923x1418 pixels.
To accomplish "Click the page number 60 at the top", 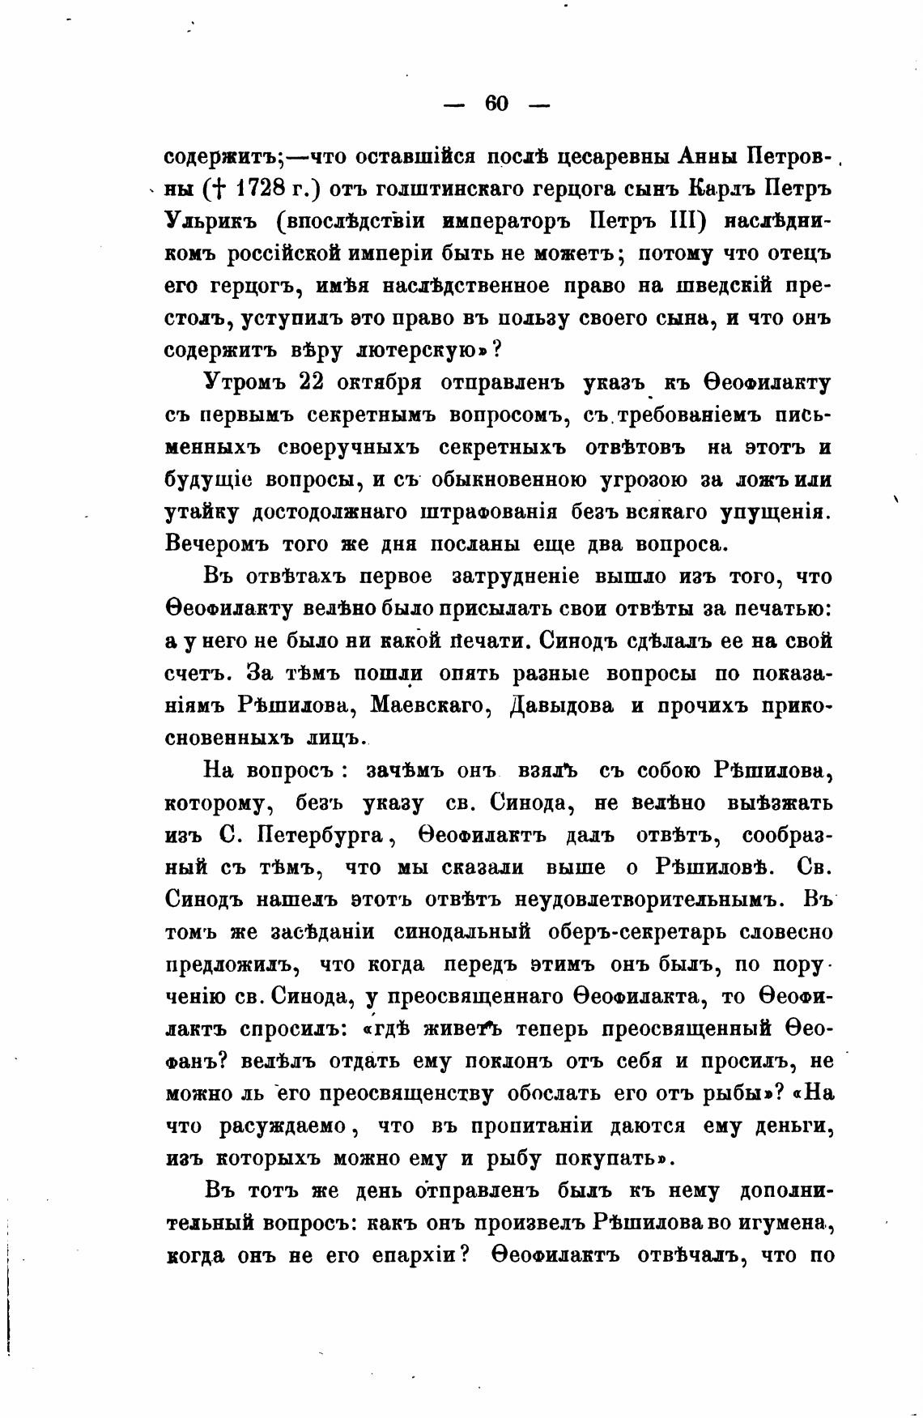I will pos(496,104).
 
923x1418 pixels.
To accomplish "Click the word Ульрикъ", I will pos(211,221).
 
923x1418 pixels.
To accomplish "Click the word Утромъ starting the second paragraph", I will pos(243,383).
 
